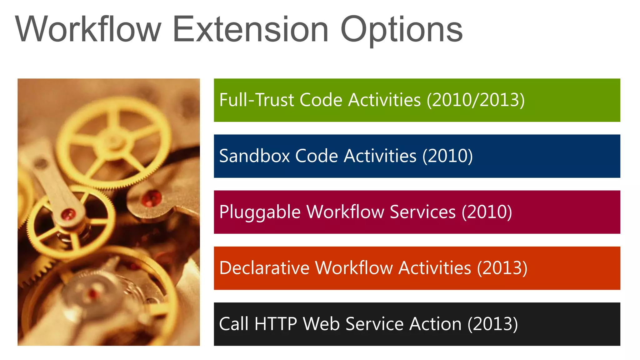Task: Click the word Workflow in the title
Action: tap(88, 29)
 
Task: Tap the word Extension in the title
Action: tap(250, 29)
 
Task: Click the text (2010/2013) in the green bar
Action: tap(476, 100)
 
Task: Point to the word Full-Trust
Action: tap(257, 100)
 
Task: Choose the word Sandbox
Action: tap(254, 156)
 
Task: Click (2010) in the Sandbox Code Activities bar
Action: tap(447, 156)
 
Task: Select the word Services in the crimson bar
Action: tap(422, 212)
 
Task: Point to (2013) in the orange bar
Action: tap(502, 268)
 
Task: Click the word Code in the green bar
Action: tap(321, 100)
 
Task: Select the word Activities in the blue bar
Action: tap(380, 156)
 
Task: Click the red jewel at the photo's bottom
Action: tap(93, 293)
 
